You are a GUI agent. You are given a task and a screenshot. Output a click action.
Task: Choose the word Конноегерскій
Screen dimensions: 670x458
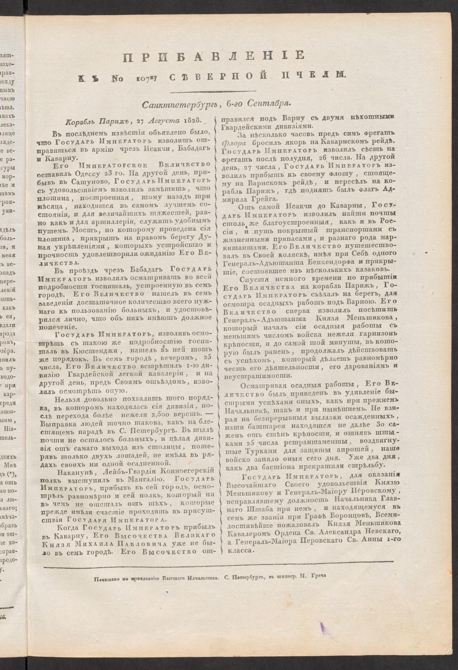point(179,471)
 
